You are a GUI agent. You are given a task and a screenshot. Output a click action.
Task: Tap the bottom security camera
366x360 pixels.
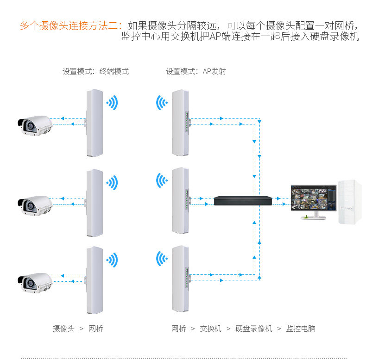point(34,282)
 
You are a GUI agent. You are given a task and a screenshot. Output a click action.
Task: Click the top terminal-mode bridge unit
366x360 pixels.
point(94,122)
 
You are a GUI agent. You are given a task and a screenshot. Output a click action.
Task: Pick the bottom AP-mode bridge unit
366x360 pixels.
point(180,279)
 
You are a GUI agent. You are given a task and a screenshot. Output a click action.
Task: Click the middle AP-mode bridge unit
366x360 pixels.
point(180,201)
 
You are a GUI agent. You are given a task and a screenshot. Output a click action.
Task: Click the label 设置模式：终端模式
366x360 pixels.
point(95,72)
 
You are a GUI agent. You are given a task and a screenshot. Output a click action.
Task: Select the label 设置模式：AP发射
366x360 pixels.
point(196,72)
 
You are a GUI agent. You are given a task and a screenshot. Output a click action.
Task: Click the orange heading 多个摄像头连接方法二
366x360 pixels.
point(69,25)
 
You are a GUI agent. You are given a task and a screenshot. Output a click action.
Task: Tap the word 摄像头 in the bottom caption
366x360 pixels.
point(63,329)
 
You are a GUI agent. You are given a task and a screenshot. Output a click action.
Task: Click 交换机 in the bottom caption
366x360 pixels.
point(210,329)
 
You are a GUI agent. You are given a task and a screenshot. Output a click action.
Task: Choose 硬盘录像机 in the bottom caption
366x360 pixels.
point(254,329)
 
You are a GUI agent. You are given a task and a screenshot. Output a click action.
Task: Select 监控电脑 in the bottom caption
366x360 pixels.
point(300,329)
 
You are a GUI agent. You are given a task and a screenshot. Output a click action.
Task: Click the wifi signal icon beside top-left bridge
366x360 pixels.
point(112,103)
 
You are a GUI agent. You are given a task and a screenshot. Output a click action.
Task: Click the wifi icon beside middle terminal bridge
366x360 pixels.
point(112,182)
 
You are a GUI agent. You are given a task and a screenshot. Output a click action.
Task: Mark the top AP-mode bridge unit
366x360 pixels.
point(180,122)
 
